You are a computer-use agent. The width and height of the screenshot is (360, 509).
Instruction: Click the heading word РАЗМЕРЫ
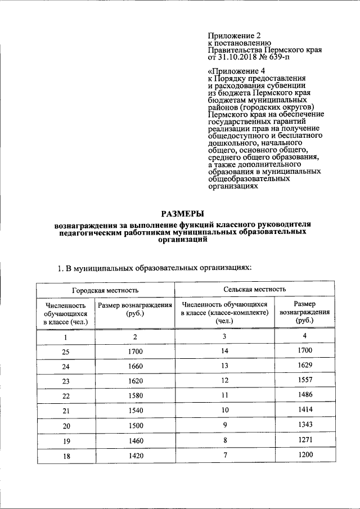point(179,213)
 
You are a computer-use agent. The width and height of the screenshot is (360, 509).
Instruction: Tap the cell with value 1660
point(135,366)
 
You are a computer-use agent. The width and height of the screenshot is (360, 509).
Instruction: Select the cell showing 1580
point(135,396)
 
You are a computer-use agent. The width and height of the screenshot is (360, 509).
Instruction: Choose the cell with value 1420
point(135,455)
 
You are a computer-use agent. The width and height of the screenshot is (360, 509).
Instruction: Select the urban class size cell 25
point(66,352)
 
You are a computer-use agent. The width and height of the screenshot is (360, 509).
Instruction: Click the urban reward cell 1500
point(135,426)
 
